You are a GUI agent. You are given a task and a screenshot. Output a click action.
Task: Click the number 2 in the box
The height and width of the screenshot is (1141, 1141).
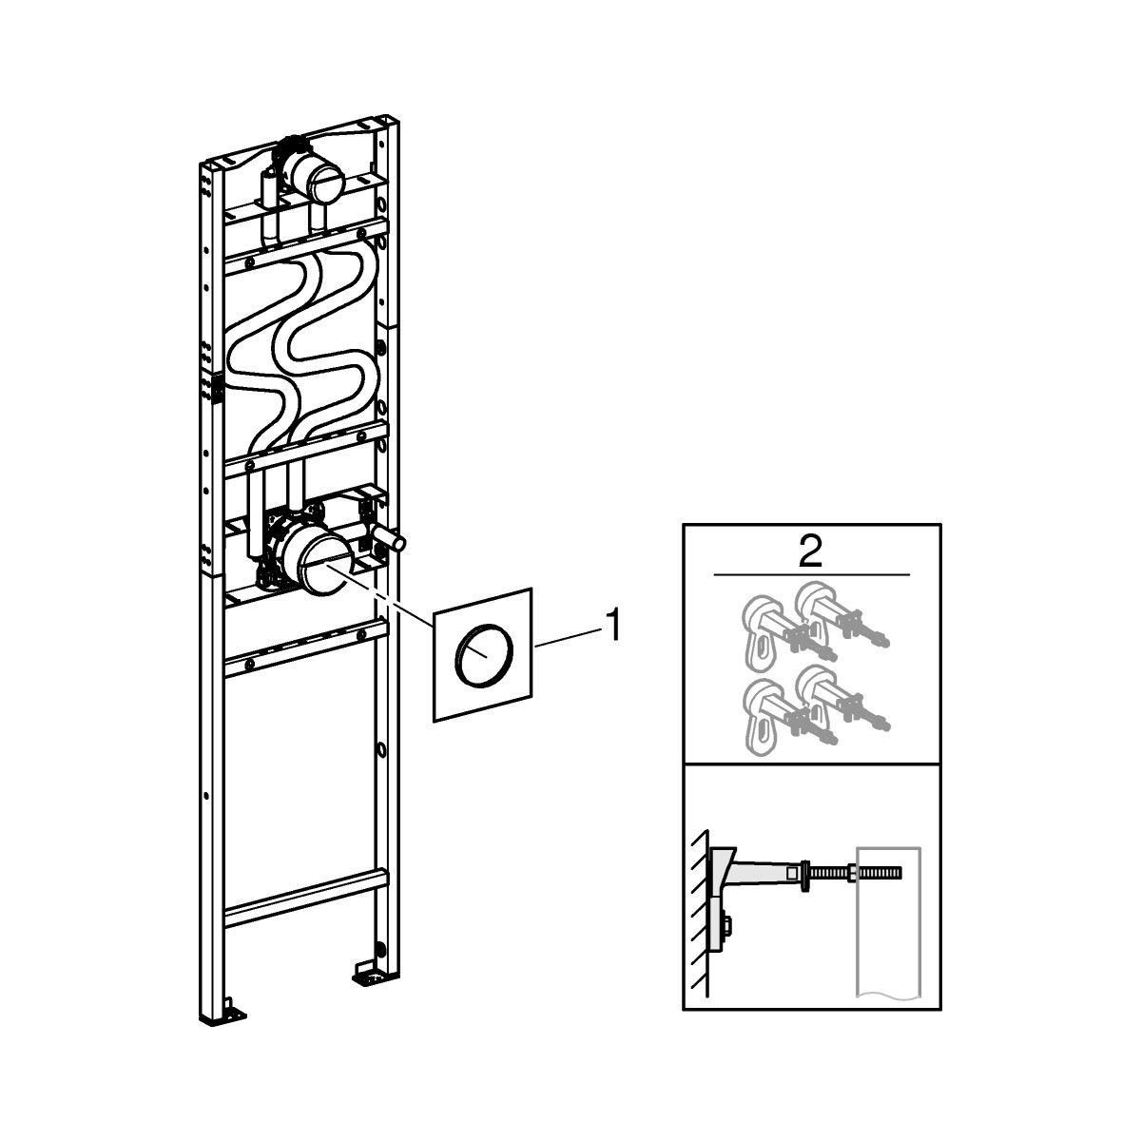(811, 552)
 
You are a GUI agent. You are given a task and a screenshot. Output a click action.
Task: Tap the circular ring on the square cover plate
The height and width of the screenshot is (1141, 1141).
(485, 652)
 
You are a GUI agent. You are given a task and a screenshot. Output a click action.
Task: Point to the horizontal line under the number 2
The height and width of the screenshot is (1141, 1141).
(811, 575)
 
